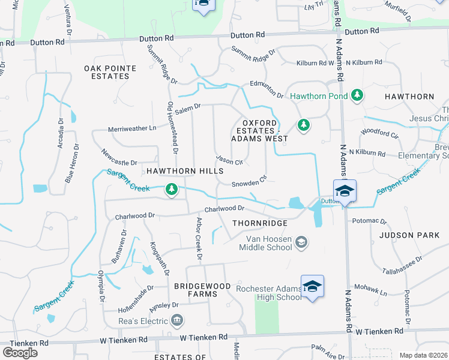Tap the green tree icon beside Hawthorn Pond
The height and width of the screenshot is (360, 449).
click(x=358, y=95)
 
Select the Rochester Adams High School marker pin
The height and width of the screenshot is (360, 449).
click(x=313, y=286)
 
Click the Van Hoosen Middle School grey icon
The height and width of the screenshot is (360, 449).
click(x=301, y=242)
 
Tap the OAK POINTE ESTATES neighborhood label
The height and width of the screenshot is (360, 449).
click(x=110, y=73)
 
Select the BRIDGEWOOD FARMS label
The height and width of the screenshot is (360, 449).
click(x=202, y=287)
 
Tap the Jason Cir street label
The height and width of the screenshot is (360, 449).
click(x=229, y=161)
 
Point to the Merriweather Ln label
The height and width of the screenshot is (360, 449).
click(x=131, y=128)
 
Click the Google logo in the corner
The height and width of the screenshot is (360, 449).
click(x=20, y=352)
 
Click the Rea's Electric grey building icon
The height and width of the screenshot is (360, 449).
click(x=176, y=320)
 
